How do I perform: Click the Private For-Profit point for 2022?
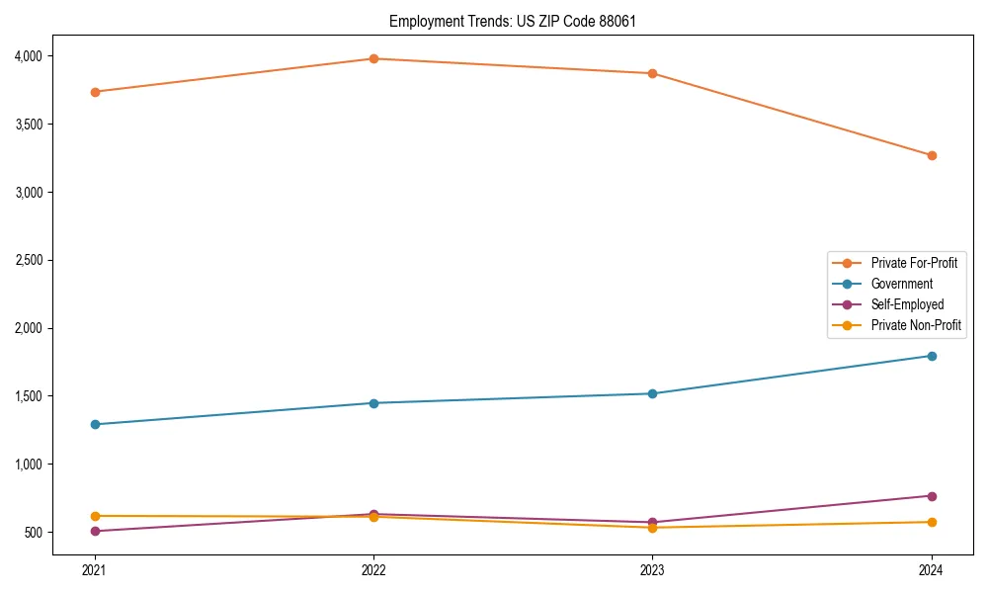click(373, 58)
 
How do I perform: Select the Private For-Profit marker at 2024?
click(932, 155)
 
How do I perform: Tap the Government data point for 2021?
click(95, 424)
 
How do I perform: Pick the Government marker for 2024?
click(932, 356)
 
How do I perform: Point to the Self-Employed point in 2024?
click(932, 496)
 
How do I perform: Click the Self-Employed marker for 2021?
click(95, 531)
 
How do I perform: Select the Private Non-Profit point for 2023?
click(652, 528)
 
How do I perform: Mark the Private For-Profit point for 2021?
click(95, 92)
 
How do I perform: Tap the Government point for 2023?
click(652, 393)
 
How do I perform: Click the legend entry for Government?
click(901, 284)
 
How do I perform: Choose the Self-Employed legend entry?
click(907, 304)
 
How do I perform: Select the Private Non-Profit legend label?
click(916, 325)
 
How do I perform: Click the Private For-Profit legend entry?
click(914, 263)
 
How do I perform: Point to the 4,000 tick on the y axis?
click(28, 56)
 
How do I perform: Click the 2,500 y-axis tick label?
click(28, 260)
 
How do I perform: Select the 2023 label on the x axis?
click(652, 569)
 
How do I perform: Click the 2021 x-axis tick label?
click(95, 569)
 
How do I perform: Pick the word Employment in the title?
click(423, 21)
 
